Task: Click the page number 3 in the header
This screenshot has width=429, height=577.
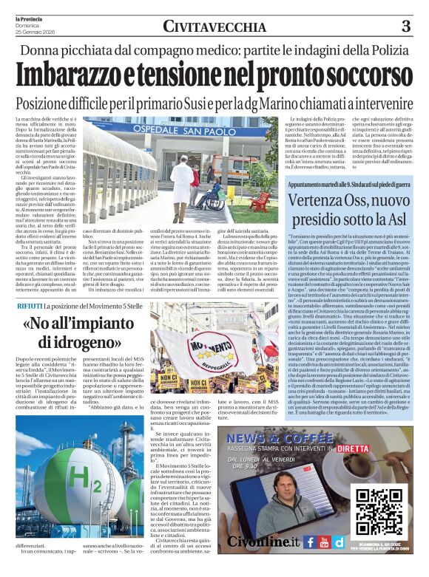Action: click(x=405, y=27)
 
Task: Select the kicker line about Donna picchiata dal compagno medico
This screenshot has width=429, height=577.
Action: click(x=214, y=50)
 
